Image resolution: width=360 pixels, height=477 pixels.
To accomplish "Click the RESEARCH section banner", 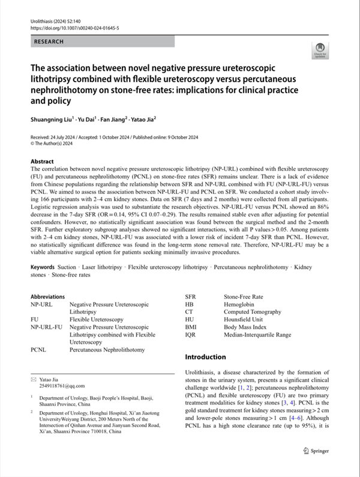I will coord(102,42).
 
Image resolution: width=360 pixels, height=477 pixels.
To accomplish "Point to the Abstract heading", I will coord(42,162).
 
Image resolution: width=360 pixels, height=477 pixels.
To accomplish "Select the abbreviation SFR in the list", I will coord(191,296).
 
